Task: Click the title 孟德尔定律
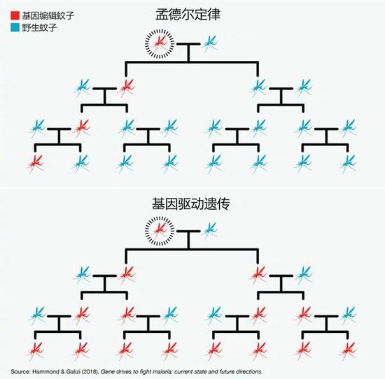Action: click(188, 15)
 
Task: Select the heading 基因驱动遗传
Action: click(191, 204)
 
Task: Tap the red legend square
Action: click(15, 15)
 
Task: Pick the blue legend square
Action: click(15, 27)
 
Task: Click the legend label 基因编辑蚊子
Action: click(48, 15)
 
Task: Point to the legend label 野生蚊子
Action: click(39, 27)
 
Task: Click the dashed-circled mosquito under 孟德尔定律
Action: click(160, 43)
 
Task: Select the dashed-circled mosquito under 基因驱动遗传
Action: click(160, 231)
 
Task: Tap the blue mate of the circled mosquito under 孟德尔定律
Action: click(210, 43)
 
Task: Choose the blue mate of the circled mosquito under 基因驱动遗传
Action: click(210, 231)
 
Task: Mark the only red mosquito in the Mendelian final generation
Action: click(36, 164)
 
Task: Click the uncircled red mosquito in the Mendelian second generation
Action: click(127, 88)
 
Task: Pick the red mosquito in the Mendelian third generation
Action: click(82, 128)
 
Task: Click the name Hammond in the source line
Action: click(47, 371)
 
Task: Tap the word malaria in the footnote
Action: click(160, 371)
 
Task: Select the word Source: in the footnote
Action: click(20, 371)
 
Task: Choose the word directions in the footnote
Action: click(249, 371)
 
